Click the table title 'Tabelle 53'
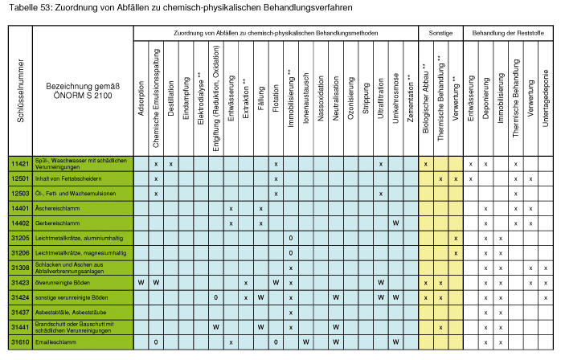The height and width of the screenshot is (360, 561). [x=31, y=7]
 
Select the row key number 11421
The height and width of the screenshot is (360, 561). [x=20, y=164]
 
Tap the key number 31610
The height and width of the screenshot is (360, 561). [x=20, y=342]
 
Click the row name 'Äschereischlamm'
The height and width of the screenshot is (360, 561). [x=57, y=208]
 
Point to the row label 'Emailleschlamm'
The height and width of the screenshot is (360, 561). [x=55, y=342]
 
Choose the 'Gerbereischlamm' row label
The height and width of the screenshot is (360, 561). [x=57, y=223]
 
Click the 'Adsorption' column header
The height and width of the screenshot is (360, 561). [x=141, y=98]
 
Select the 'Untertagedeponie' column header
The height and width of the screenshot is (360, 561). [x=545, y=98]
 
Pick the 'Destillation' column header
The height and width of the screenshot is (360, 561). [x=171, y=98]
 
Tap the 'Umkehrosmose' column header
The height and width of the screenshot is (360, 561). [x=395, y=98]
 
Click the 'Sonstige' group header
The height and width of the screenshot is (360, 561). [x=440, y=33]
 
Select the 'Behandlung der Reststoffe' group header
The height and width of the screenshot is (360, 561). [x=508, y=33]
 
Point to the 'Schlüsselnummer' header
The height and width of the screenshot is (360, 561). [x=20, y=91]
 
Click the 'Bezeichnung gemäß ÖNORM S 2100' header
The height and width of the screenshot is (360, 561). [x=83, y=91]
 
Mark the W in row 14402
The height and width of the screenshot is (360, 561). [x=395, y=223]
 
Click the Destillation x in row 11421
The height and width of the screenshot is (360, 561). [x=171, y=164]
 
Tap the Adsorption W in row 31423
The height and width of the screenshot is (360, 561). [x=141, y=283]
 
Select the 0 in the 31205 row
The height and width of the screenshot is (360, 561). [x=290, y=238]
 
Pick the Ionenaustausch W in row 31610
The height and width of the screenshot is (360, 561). [x=305, y=342]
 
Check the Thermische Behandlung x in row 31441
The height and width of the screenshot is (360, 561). [x=440, y=327]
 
